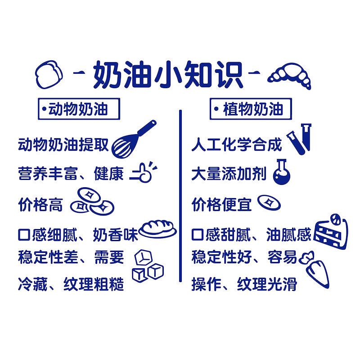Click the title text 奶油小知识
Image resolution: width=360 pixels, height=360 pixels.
[168, 75]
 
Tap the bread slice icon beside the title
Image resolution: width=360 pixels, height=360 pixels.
[49, 74]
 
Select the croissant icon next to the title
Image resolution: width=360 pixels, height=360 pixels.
[289, 76]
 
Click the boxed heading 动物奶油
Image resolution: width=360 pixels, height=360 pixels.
[79, 109]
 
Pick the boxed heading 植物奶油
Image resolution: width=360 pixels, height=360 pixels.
[251, 109]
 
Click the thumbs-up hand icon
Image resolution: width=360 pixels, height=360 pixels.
[144, 172]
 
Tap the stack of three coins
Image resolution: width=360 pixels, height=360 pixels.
[92, 201]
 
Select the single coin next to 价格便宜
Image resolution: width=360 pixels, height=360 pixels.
[269, 202]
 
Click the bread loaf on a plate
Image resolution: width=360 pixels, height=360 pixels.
[157, 229]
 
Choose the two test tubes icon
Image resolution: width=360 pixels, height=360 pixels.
[299, 139]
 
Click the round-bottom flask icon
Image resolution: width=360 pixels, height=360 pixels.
[282, 172]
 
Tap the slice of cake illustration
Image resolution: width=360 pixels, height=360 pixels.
[331, 232]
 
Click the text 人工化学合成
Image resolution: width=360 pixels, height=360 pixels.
[237, 144]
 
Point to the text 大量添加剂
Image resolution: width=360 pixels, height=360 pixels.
[229, 174]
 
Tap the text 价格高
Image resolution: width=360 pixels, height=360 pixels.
[40, 204]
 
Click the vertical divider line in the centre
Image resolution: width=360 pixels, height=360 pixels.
[180, 196]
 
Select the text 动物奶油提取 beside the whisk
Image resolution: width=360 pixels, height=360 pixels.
[63, 144]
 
